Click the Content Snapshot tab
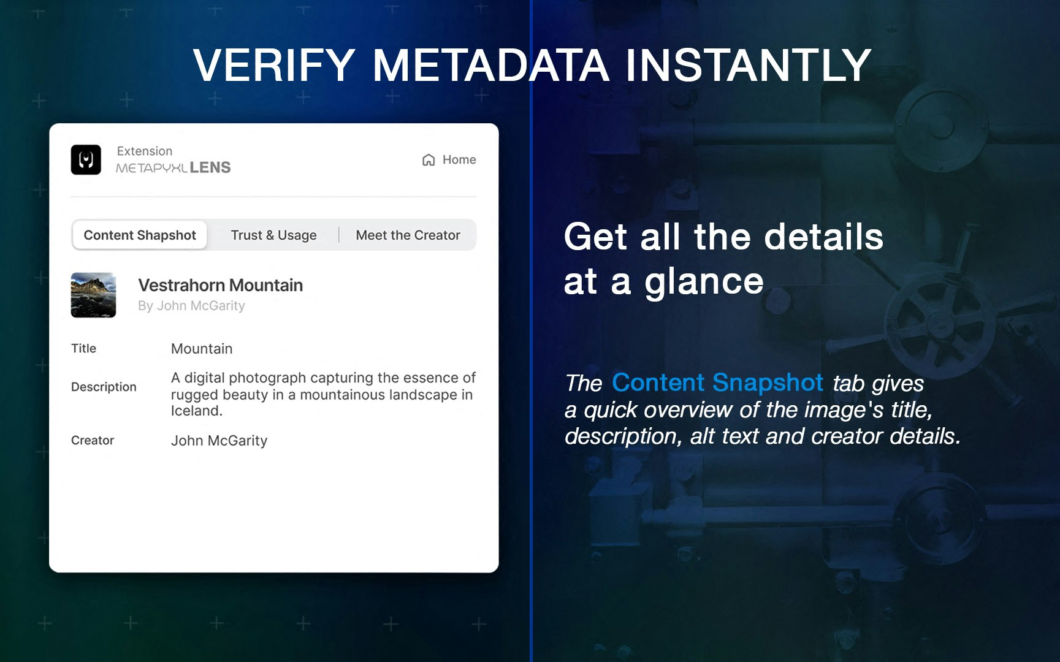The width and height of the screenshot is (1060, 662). tap(140, 235)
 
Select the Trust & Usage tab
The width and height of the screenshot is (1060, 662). tap(273, 235)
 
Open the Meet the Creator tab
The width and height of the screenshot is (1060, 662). tap(408, 235)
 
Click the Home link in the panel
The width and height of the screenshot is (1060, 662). tap(459, 160)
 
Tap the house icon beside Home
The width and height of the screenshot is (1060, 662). tap(429, 160)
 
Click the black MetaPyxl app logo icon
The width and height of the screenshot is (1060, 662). tap(86, 160)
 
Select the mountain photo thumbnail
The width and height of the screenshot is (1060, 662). tap(93, 295)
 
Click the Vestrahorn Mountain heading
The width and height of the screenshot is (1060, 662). tap(220, 286)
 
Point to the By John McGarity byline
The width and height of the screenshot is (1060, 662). tap(191, 306)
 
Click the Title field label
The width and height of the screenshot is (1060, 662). tap(83, 349)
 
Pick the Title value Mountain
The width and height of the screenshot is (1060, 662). tap(202, 349)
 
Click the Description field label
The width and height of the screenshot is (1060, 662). tap(104, 387)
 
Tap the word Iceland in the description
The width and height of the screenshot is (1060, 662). tap(196, 411)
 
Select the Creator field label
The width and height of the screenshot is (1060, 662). tap(93, 440)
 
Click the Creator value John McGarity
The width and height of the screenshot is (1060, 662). tap(219, 441)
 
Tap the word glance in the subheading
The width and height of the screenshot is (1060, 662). tap(704, 282)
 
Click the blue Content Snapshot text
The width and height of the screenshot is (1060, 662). tap(717, 382)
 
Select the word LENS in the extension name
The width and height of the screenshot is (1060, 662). tap(210, 167)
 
